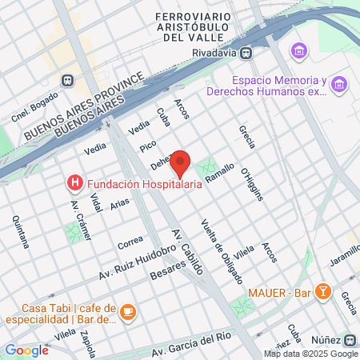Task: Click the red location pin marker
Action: tap(181, 162)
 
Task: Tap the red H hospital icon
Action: tap(75, 184)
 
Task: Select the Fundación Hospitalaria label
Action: tap(144, 184)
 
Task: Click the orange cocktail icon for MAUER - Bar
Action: tap(323, 291)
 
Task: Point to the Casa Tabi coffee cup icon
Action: tap(128, 310)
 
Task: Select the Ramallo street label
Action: tap(219, 173)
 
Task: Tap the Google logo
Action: tap(26, 350)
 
